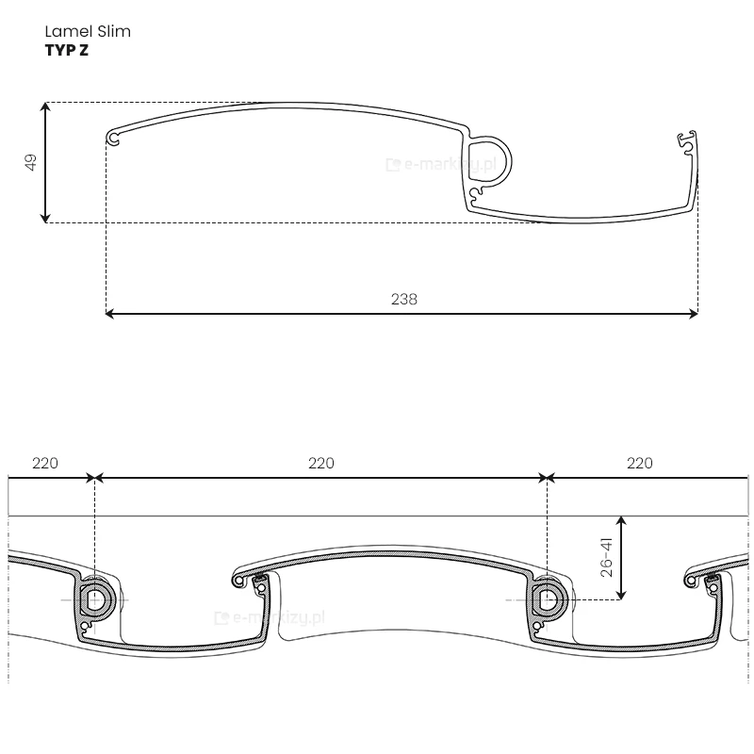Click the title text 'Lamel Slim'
[x=88, y=31]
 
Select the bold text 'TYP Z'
[x=67, y=51]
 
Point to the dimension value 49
[x=31, y=162]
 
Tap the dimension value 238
[x=403, y=299]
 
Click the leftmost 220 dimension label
[x=45, y=463]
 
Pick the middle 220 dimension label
[x=320, y=463]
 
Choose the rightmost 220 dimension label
[x=639, y=463]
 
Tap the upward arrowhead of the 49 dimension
[x=45, y=107]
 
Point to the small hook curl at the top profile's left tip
[x=114, y=139]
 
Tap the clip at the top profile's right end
[x=687, y=141]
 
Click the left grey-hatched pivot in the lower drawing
[x=95, y=598]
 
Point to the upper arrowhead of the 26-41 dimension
[x=620, y=519]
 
